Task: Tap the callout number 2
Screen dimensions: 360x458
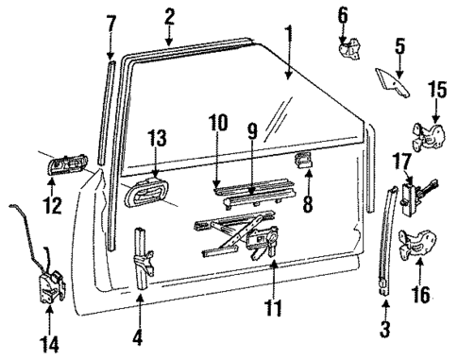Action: click(169, 15)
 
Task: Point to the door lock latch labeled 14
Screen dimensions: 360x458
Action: click(51, 282)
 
